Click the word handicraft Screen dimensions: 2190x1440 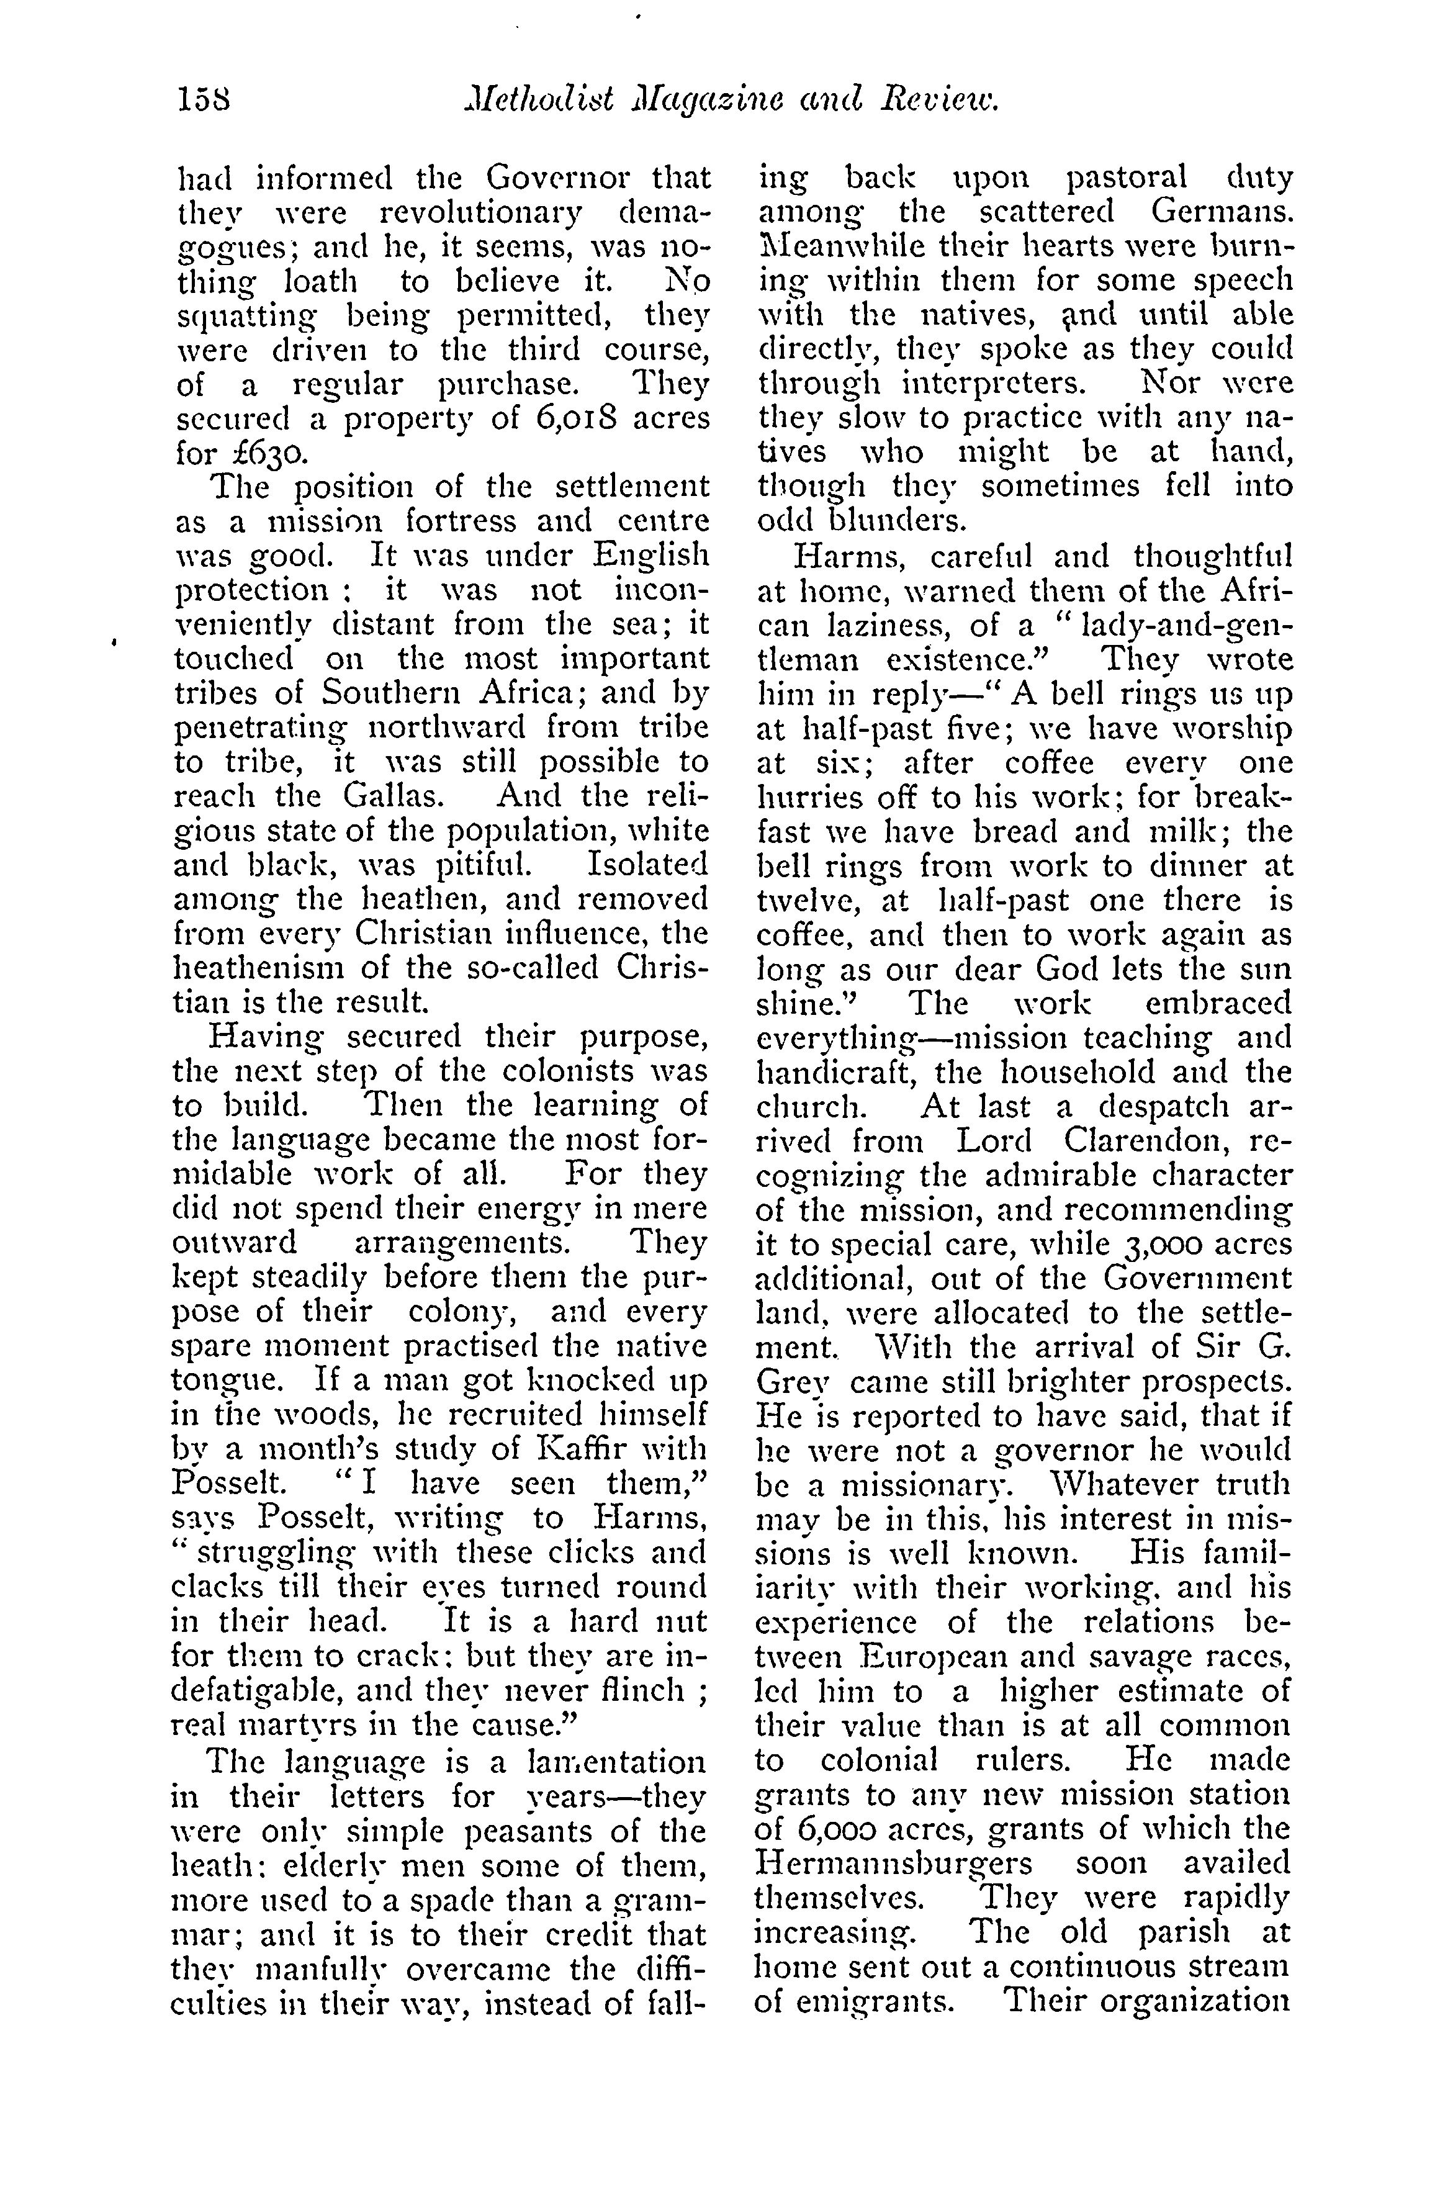[832, 1073]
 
